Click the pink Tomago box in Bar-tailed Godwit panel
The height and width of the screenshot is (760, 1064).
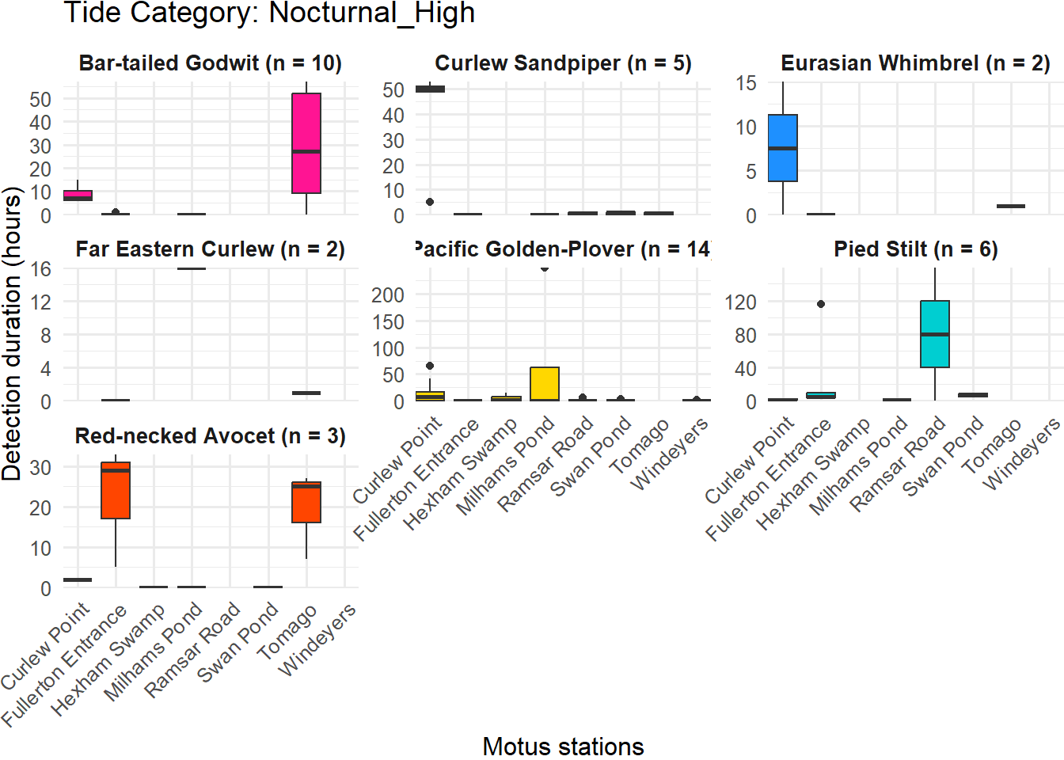(x=306, y=143)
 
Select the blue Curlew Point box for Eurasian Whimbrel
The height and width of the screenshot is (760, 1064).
(x=783, y=148)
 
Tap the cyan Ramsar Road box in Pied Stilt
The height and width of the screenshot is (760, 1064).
(x=935, y=334)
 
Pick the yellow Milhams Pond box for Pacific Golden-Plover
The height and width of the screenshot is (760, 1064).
(x=545, y=384)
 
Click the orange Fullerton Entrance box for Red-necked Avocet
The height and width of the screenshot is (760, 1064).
(x=116, y=491)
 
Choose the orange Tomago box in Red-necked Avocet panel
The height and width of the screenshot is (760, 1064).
(x=306, y=502)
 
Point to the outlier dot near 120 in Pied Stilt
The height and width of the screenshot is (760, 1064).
(x=821, y=304)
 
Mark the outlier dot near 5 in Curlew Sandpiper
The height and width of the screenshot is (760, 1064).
(x=430, y=202)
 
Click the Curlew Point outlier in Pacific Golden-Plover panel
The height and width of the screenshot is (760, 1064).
(x=430, y=366)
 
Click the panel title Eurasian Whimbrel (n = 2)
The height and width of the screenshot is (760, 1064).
(x=915, y=63)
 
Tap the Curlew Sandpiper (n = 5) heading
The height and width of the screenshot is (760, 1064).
(x=563, y=63)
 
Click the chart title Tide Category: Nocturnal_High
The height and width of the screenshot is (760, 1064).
(x=269, y=13)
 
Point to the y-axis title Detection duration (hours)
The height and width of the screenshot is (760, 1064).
(x=12, y=333)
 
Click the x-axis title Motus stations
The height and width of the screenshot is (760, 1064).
(x=563, y=747)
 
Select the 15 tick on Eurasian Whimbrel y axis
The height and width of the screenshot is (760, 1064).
(x=746, y=83)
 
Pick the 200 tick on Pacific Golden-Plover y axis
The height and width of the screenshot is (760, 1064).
(x=388, y=295)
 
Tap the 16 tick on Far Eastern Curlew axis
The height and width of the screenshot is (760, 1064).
(x=40, y=269)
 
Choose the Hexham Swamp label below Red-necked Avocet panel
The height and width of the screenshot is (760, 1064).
(x=108, y=659)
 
